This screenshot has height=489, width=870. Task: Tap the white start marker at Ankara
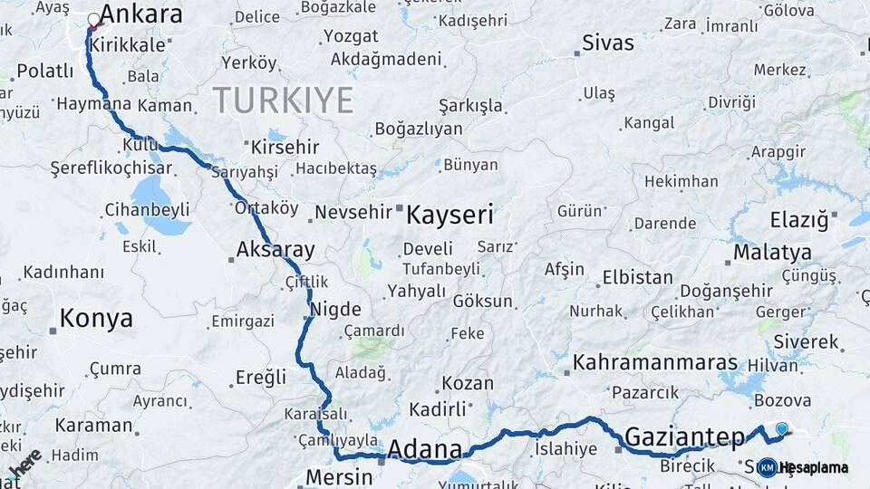coord(93,19)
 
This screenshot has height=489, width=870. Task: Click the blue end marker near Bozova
coord(782,428)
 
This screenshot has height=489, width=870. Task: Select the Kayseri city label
coord(449,215)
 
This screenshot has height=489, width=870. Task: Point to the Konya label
coord(96,319)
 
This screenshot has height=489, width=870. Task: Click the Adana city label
coord(425,449)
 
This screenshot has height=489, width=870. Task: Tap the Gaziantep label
coord(685,438)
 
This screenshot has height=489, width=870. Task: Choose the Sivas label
coord(608,43)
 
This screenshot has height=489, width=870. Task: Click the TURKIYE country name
coord(283,101)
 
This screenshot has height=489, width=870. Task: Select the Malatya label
coord(772,252)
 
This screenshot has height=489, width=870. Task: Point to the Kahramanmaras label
coord(655,363)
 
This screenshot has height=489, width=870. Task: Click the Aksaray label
coord(275,250)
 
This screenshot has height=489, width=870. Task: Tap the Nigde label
coord(336,309)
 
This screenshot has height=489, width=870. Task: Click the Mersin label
coord(339,476)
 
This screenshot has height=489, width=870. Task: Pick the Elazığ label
coord(799,220)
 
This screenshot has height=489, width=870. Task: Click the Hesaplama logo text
coord(813,468)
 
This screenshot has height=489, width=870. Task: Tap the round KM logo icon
coord(767,467)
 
